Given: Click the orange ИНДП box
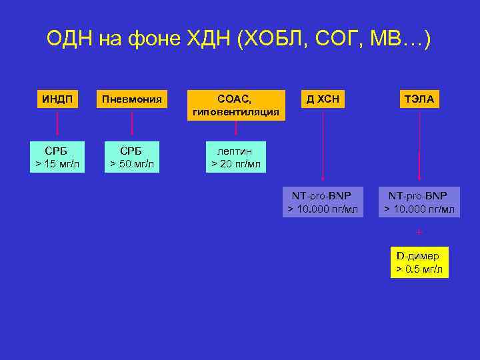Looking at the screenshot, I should point(57,99).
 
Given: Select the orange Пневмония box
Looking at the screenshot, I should point(131,99).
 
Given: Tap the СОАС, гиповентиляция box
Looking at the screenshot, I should point(236,105).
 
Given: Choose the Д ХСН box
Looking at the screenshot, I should point(323,99).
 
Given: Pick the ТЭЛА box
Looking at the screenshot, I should point(419,99).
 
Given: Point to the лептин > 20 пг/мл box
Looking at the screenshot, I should point(236,157).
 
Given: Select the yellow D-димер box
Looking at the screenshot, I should point(419,262).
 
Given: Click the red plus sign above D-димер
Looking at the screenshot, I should point(419,233).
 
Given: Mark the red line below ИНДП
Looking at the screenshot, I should point(57,124).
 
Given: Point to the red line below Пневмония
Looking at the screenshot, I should point(132,124).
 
